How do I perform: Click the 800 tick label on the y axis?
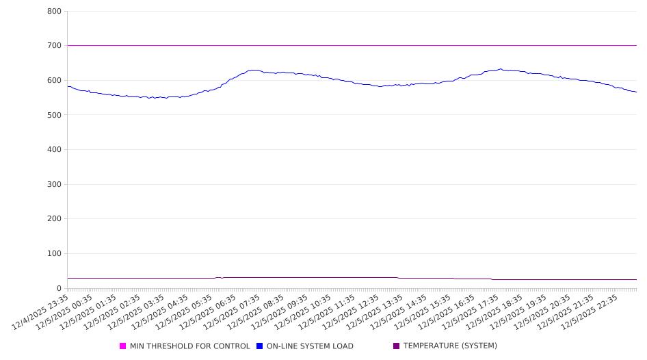pyautogui.click(x=55, y=12)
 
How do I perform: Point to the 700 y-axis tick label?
pyautogui.click(x=55, y=46)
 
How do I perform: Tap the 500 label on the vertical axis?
pyautogui.click(x=55, y=115)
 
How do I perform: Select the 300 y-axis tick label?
pyautogui.click(x=55, y=184)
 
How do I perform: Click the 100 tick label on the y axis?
pyautogui.click(x=55, y=254)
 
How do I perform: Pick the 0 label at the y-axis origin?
pyautogui.click(x=60, y=288)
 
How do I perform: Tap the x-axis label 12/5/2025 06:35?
pyautogui.click(x=208, y=311)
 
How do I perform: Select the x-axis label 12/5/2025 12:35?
pyautogui.click(x=351, y=311)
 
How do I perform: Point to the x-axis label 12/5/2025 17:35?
pyautogui.click(x=470, y=311)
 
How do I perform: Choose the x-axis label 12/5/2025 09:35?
pyautogui.click(x=279, y=311)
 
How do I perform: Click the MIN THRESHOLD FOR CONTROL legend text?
pyautogui.click(x=189, y=346)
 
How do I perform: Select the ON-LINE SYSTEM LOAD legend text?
pyautogui.click(x=309, y=346)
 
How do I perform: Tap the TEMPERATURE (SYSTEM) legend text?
pyautogui.click(x=449, y=346)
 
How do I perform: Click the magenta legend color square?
pyautogui.click(x=123, y=346)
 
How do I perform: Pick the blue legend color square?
pyautogui.click(x=260, y=346)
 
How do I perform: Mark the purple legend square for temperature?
pyautogui.click(x=397, y=346)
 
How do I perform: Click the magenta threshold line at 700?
pyautogui.click(x=342, y=46)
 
